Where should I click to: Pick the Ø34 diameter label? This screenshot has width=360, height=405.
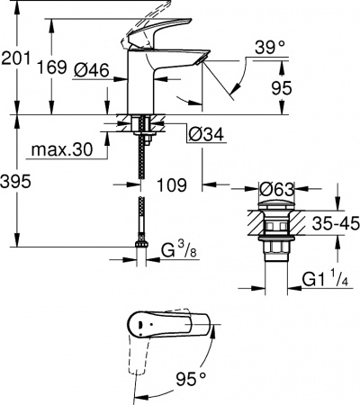(x=206, y=136)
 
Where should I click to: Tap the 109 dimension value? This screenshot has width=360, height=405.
(x=169, y=185)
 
